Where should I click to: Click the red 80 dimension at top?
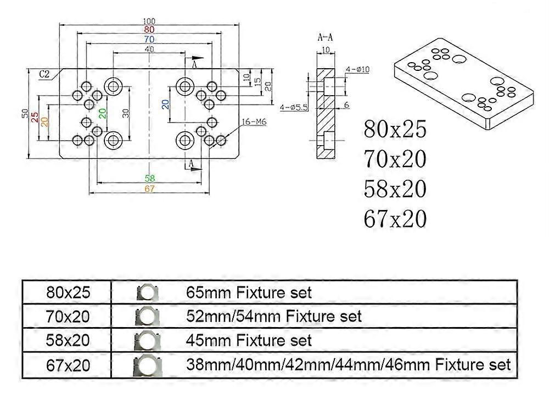tap(149, 30)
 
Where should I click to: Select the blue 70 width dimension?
tap(149, 40)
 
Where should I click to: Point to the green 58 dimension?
tap(149, 178)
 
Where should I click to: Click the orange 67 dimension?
tap(149, 189)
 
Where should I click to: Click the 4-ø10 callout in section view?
tap(357, 69)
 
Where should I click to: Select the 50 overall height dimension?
tap(25, 113)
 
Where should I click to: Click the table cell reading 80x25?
tap(67, 292)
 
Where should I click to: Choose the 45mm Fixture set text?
tap(249, 340)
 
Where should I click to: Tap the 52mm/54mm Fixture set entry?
tap(273, 316)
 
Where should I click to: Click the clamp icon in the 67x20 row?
tap(145, 364)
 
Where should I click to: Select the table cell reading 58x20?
tap(67, 340)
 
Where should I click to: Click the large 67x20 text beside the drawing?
tap(394, 219)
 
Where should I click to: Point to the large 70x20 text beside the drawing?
tap(394, 159)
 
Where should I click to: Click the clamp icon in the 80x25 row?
tap(145, 292)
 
